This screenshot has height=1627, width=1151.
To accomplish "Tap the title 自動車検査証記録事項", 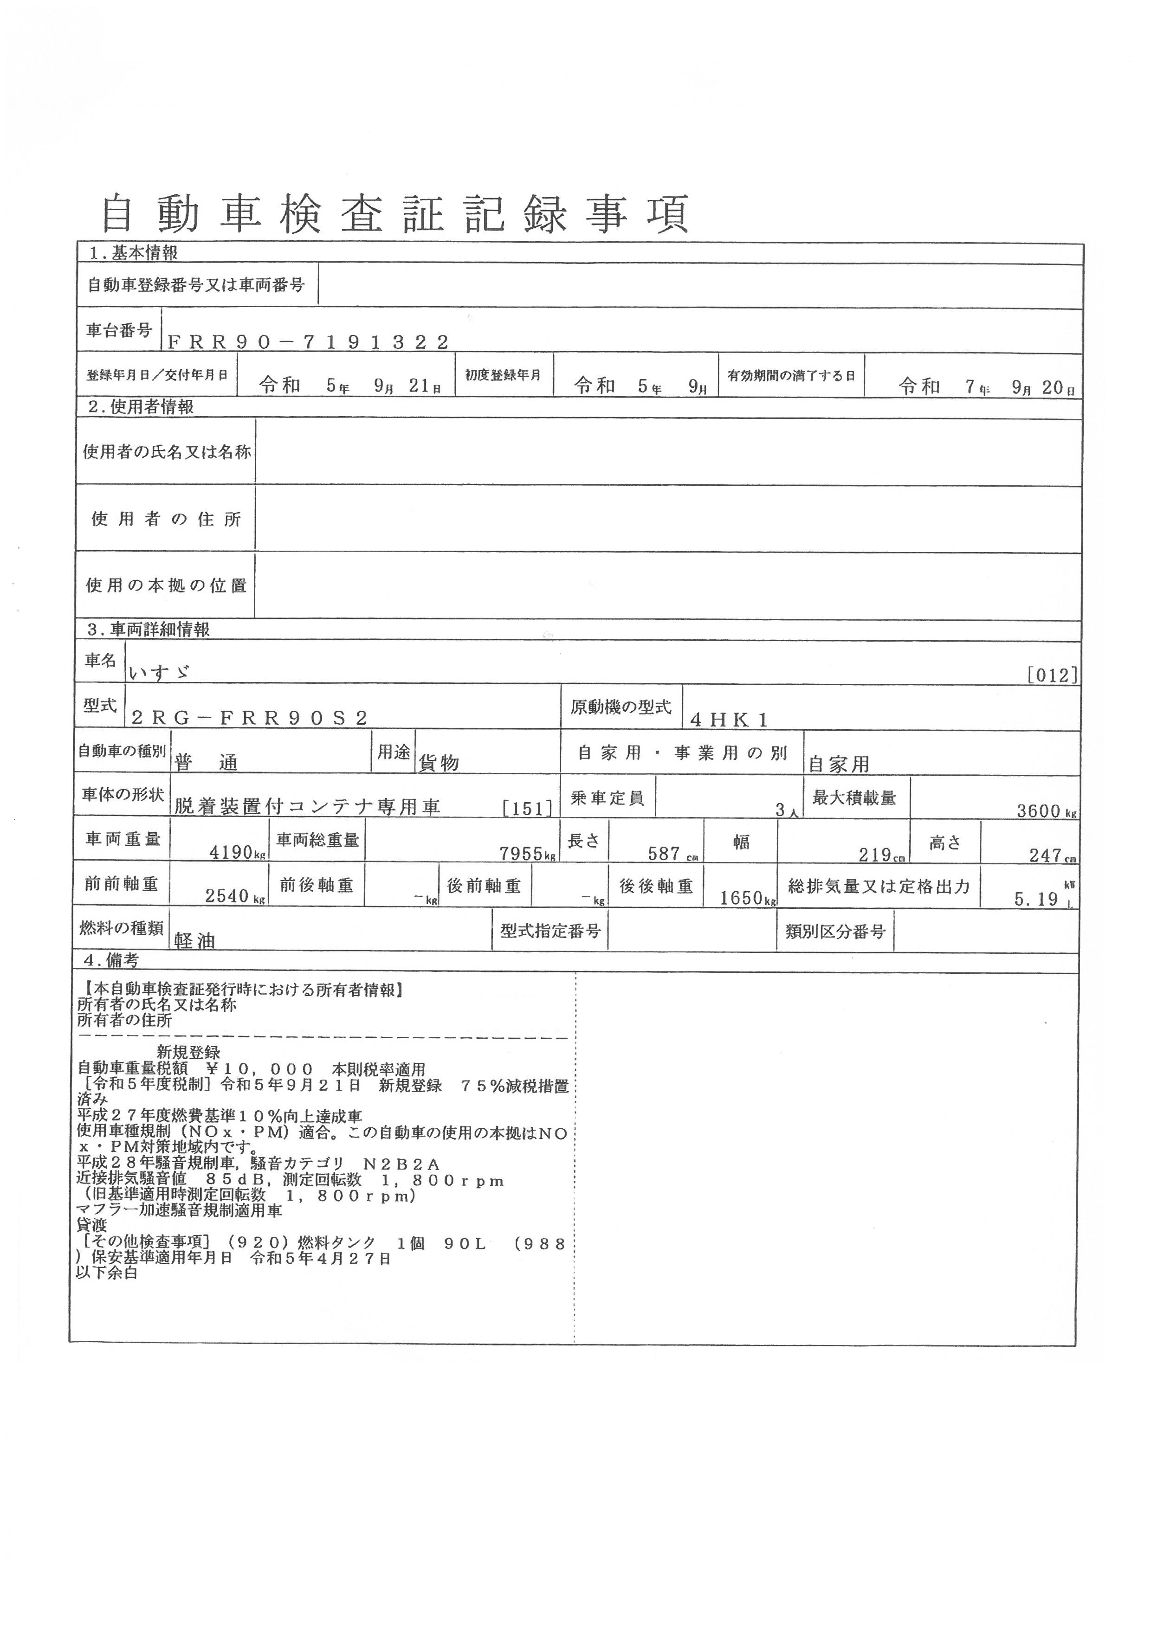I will click(395, 213).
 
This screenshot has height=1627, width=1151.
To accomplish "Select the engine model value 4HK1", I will click(729, 720).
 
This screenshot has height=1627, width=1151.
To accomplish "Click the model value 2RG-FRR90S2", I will click(250, 718).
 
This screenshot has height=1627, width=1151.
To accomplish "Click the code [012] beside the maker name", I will click(1053, 675).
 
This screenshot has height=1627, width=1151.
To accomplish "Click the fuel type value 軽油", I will click(194, 940).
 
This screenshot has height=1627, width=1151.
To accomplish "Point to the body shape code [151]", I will click(527, 809).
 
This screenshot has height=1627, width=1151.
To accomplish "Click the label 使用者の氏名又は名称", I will click(167, 452).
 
